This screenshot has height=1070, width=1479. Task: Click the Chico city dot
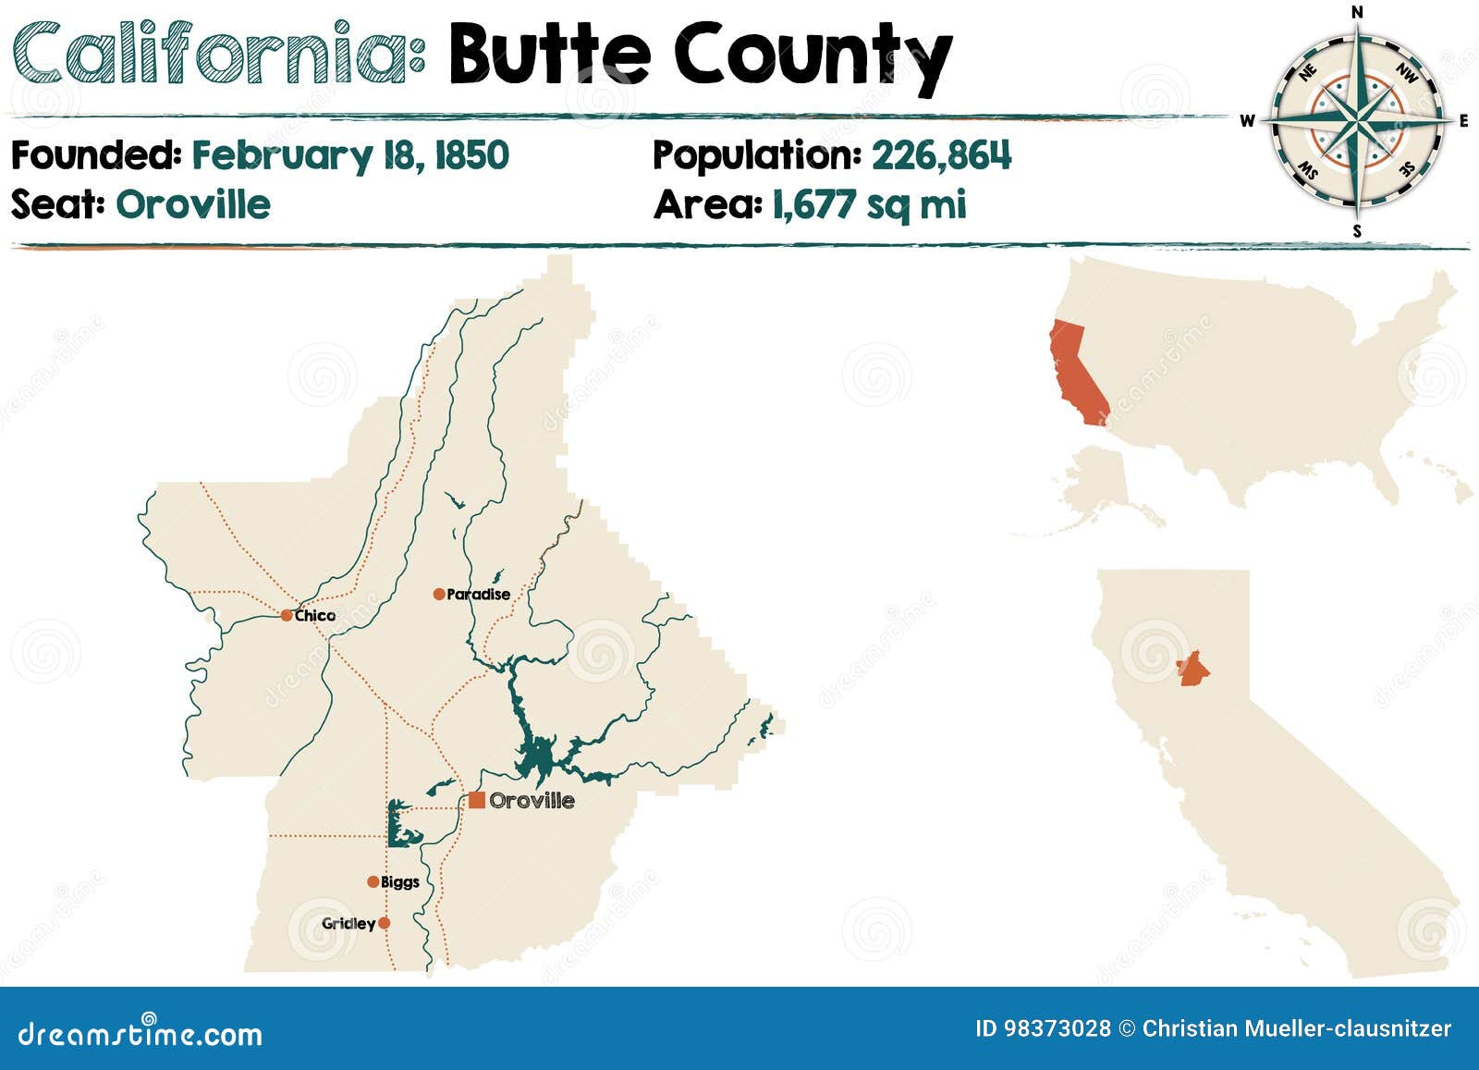(x=287, y=615)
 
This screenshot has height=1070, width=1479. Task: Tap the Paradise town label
(x=478, y=595)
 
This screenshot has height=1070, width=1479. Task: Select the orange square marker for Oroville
(x=477, y=800)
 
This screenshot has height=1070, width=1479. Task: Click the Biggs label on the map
(x=400, y=882)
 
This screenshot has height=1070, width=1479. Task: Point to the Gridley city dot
(x=385, y=923)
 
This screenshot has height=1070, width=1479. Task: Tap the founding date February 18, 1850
(x=350, y=155)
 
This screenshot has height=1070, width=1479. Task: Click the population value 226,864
(x=941, y=155)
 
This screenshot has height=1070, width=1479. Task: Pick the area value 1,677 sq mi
(x=869, y=204)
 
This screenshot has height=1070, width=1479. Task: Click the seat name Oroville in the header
(x=193, y=204)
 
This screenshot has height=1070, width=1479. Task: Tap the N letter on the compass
(x=1357, y=12)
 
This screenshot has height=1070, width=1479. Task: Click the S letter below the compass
(x=1357, y=231)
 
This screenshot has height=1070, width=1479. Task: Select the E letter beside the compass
(x=1463, y=121)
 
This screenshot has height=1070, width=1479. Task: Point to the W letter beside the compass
(x=1247, y=121)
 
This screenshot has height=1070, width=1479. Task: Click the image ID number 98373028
(x=1057, y=1028)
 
